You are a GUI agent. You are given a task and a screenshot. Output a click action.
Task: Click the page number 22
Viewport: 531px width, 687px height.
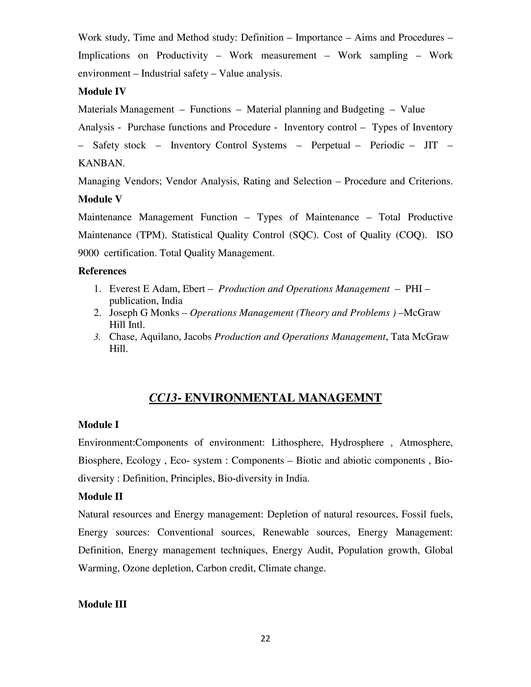265,639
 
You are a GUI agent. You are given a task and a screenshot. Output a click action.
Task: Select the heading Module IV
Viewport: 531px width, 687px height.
102,92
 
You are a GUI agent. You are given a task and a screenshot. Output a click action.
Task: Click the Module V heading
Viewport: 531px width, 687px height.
100,199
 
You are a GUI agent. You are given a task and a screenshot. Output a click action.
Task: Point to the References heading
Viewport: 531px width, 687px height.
102,271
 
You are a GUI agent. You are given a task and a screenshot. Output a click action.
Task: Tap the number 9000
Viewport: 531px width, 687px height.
88,253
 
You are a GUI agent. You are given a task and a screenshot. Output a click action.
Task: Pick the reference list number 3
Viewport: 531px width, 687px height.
97,337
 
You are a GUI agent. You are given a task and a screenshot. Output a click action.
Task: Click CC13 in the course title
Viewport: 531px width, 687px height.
163,398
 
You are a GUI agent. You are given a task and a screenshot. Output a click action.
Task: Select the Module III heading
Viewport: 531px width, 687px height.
102,604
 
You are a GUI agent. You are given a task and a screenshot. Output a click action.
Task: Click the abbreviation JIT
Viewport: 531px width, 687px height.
431,145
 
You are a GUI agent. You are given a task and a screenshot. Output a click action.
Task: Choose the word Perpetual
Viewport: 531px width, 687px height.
330,145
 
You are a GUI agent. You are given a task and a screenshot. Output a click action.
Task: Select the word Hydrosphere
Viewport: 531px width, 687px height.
357,443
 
